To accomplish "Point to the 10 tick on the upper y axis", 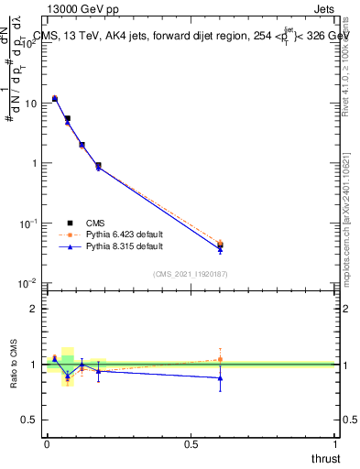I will [29, 104].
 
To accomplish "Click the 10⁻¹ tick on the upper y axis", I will [27, 224].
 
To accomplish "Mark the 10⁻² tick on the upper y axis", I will [27, 284].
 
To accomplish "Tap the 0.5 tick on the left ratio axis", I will [31, 420].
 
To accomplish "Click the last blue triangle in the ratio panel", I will [220, 377].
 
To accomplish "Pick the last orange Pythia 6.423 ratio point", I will [220, 359].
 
